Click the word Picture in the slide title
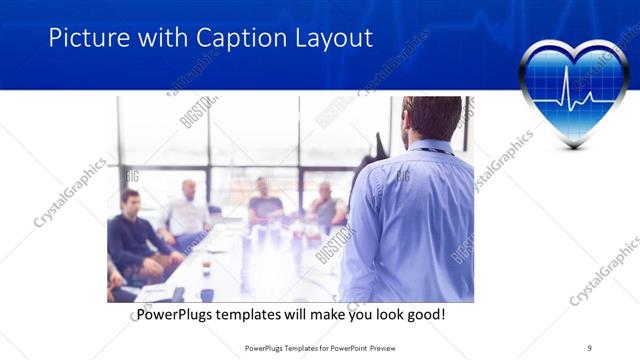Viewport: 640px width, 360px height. click(x=86, y=39)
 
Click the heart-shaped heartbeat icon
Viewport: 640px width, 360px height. click(x=573, y=92)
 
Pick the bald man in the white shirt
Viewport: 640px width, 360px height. click(x=186, y=211)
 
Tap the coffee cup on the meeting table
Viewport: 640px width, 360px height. click(x=205, y=267)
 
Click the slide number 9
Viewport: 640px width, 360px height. click(x=589, y=347)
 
